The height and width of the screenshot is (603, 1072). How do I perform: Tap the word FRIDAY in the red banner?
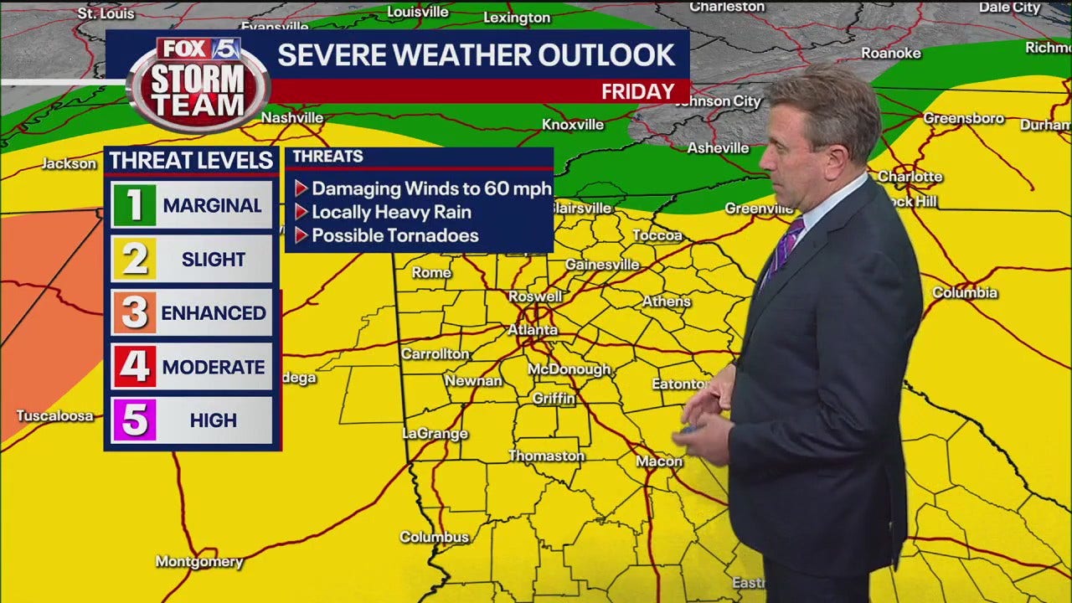point(637,91)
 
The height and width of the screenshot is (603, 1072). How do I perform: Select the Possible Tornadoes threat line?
point(394,235)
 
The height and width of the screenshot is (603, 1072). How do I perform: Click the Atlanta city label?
point(533,330)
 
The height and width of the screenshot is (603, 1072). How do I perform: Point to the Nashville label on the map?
point(292,118)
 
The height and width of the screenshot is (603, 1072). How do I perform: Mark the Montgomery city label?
point(199,562)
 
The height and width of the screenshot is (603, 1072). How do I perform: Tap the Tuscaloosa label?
point(55,416)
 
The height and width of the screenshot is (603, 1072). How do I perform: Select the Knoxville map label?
point(573,125)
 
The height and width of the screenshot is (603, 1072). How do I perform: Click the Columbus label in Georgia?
point(434,537)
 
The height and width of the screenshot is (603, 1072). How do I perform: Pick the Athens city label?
point(667,301)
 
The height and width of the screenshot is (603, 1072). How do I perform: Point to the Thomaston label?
point(546,456)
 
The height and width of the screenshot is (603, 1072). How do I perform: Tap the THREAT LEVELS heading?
point(191,160)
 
